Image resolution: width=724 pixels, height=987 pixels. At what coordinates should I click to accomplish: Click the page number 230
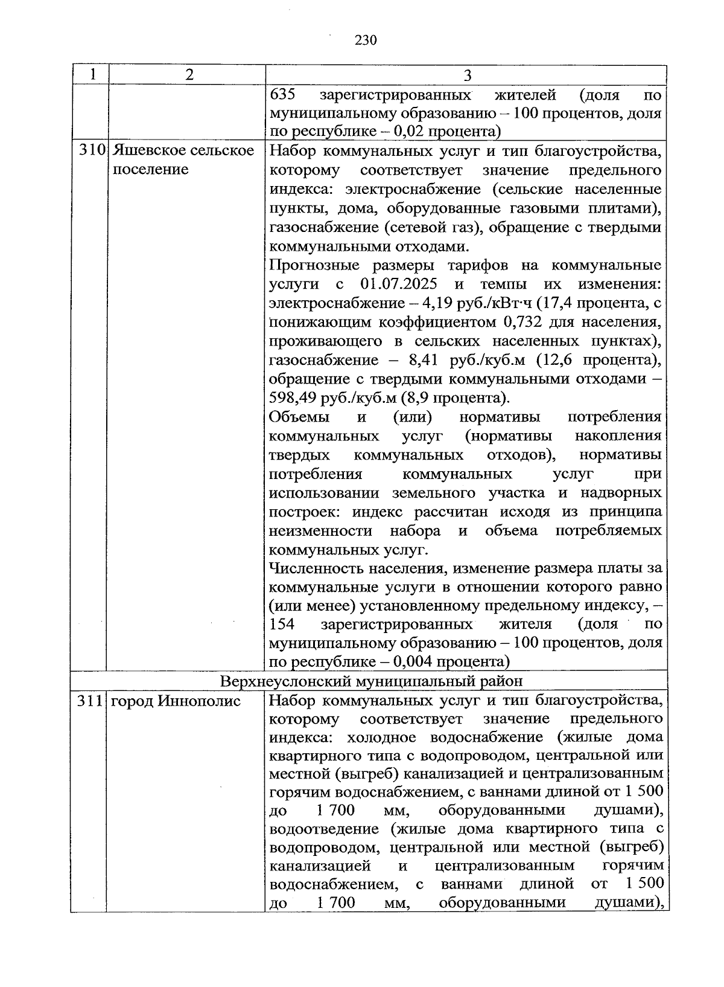pos(366,40)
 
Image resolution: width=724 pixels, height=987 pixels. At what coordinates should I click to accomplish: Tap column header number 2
pos(189,75)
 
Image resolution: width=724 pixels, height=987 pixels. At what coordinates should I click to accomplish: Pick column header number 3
pos(467,76)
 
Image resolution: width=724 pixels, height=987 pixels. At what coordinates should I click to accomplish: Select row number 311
pos(91,701)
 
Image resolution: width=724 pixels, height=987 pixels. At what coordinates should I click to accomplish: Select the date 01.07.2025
pos(399,284)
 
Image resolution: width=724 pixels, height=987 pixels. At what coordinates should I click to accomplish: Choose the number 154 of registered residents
pos(282,624)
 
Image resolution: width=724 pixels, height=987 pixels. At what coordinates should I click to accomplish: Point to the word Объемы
pos(299,417)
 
